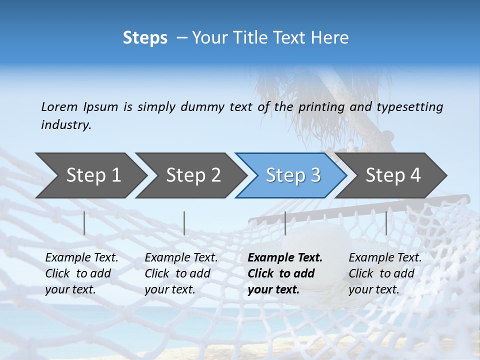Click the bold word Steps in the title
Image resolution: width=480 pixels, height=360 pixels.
(x=145, y=38)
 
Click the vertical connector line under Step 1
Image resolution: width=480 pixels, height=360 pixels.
(x=84, y=223)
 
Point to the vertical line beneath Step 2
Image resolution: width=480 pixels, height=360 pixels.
(x=184, y=223)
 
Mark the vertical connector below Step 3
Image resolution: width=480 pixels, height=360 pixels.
(x=285, y=223)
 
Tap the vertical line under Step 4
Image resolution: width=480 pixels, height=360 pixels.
(x=386, y=223)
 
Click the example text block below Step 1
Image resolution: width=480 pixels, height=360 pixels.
(x=81, y=273)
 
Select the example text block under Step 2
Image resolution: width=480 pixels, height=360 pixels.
(x=181, y=273)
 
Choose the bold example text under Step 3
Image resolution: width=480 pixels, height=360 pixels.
(x=285, y=273)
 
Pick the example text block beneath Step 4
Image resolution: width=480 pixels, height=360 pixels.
(x=385, y=273)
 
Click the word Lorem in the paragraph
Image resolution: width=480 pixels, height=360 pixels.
(x=59, y=106)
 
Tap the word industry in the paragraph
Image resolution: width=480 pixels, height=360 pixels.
(x=65, y=124)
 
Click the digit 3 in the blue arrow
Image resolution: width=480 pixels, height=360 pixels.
(x=315, y=175)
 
